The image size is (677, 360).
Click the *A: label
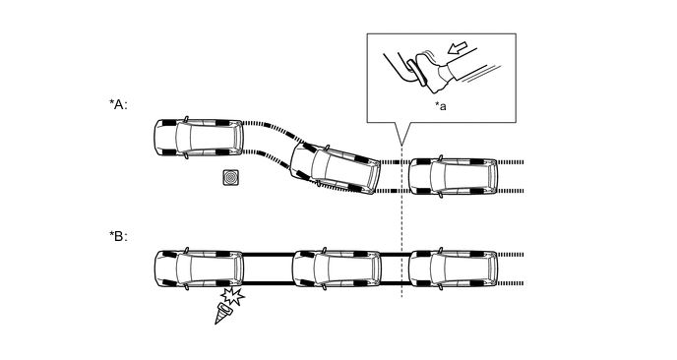[x=118, y=104]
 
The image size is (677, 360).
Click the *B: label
[x=118, y=236]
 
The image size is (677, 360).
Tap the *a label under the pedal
[x=441, y=106]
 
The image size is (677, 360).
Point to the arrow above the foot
[x=458, y=47]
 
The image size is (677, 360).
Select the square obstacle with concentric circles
[x=231, y=177]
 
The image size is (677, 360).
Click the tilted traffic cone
[x=222, y=314]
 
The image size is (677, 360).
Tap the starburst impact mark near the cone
[x=232, y=296]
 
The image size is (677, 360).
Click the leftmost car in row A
[x=199, y=138]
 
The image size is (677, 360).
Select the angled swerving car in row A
[x=336, y=169]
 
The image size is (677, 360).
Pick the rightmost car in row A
[x=454, y=177]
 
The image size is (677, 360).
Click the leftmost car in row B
[x=199, y=269]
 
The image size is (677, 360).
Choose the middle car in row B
[x=337, y=269]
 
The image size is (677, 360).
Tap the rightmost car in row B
[x=454, y=269]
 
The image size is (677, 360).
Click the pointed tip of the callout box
[x=401, y=146]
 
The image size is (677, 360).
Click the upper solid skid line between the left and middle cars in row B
[x=268, y=255]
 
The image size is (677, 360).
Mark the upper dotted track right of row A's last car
[x=511, y=162]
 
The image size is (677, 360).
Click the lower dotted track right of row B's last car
[x=511, y=283]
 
